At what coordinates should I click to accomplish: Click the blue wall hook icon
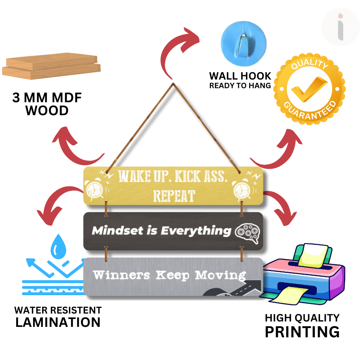[243, 42]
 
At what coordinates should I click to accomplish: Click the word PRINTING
[302, 332]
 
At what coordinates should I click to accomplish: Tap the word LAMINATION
[58, 322]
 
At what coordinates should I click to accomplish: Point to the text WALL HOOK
[240, 76]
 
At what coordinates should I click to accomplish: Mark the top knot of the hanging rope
[173, 84]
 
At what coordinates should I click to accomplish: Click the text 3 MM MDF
[47, 98]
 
